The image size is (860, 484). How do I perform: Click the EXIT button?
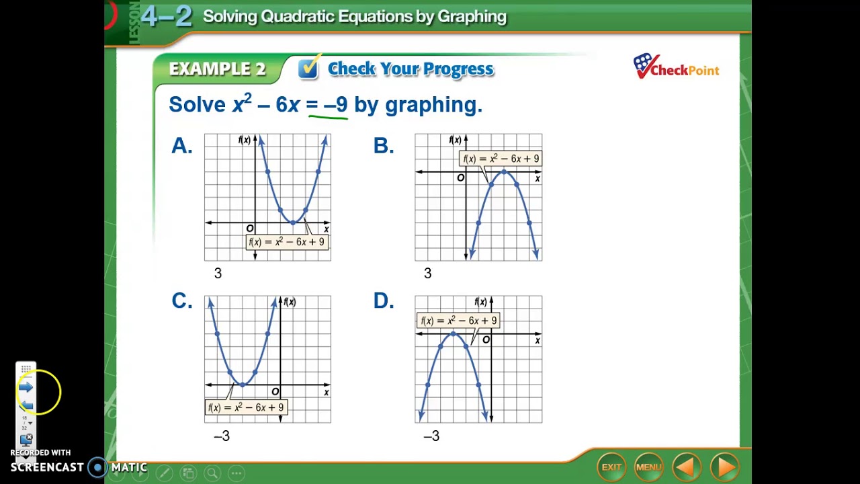[611, 467]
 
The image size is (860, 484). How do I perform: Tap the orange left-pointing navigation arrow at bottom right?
[686, 467]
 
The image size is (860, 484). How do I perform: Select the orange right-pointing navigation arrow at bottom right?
[724, 467]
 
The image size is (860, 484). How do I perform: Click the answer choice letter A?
[181, 146]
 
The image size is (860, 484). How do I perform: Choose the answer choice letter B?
[383, 146]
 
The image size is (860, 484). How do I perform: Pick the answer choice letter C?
[181, 301]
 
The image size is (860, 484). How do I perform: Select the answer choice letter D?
[383, 301]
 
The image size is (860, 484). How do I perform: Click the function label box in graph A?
[287, 242]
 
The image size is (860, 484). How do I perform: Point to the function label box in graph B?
[501, 159]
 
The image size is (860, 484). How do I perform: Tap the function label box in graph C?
[247, 407]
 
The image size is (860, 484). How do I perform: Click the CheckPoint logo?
[676, 67]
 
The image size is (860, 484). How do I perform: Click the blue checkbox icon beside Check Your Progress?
[308, 68]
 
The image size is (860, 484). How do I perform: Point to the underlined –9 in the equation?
[336, 105]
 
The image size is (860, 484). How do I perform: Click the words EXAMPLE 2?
[217, 69]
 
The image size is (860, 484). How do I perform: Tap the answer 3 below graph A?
[218, 274]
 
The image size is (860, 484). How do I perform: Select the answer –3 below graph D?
[431, 436]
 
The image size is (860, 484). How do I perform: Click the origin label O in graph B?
[460, 178]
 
